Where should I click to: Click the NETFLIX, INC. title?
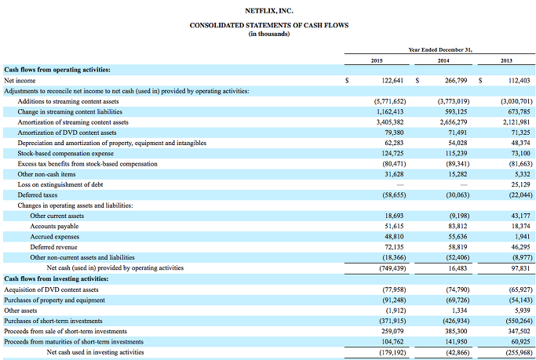coord(269,11)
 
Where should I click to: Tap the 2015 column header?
coord(377,61)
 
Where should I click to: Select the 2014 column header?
coord(443,61)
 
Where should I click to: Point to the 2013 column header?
coord(507,61)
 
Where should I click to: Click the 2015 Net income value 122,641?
coord(392,81)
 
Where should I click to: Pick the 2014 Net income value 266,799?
coord(456,81)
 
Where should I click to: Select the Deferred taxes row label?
coord(38,195)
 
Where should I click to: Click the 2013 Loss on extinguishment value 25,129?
coord(520,185)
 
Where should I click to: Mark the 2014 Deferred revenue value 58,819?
coord(458,247)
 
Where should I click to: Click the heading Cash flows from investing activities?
coord(56,278)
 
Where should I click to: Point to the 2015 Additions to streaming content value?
coord(390,101)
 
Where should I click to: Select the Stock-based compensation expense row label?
coord(66,154)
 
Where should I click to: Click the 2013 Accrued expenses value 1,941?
coord(523,237)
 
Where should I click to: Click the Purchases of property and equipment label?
coord(54,300)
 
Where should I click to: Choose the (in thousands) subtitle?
coord(269,34)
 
